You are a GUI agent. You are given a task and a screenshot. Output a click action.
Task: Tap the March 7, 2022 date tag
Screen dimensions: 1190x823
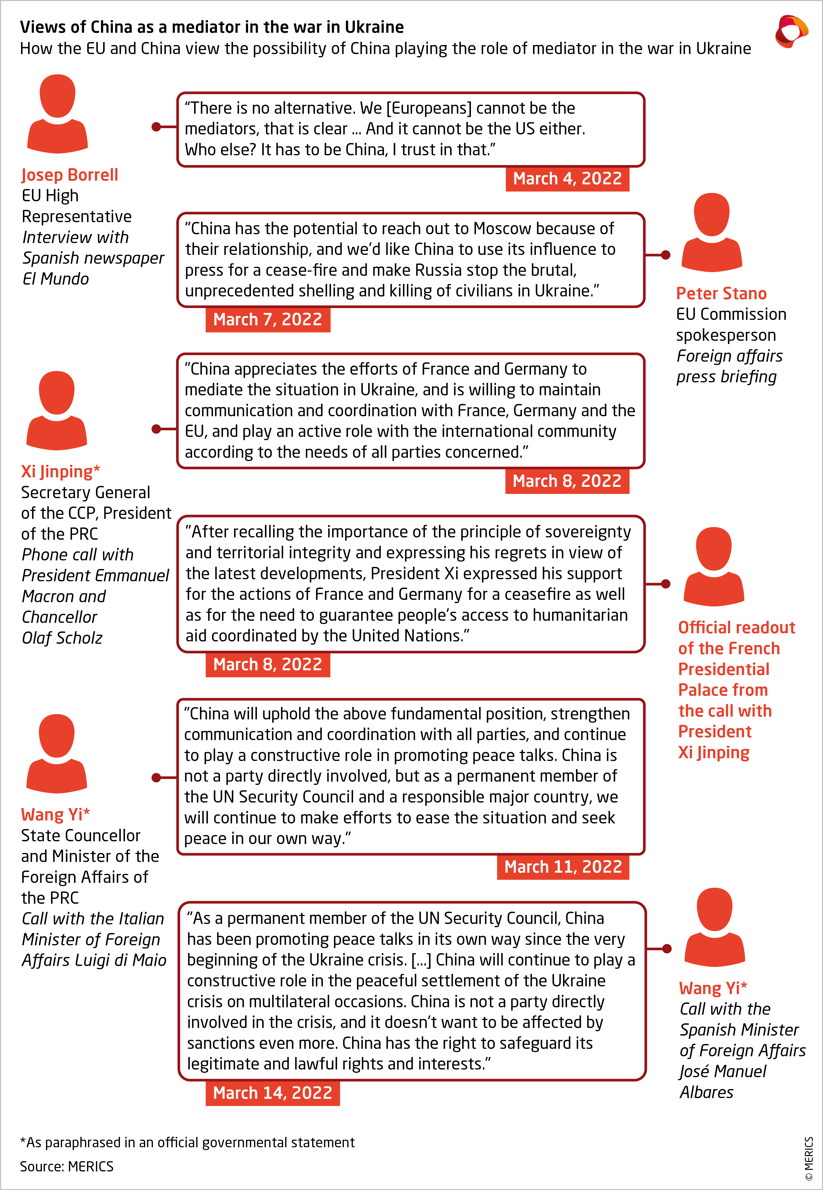(268, 319)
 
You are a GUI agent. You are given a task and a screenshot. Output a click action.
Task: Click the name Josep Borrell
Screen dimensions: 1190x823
(70, 175)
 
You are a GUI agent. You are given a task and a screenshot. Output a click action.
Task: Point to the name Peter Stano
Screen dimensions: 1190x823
(721, 293)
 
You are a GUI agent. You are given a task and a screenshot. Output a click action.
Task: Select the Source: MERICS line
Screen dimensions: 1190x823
(66, 1166)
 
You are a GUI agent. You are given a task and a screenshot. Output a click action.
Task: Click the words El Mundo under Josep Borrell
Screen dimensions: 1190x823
(56, 279)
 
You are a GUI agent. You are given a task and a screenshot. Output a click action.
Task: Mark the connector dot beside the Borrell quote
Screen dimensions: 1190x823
(156, 127)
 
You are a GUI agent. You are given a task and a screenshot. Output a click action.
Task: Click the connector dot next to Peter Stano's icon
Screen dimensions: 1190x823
(666, 255)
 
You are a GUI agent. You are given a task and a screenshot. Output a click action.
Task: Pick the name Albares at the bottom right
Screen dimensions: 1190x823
(706, 1092)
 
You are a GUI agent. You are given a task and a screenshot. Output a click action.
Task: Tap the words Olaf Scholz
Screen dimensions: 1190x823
(62, 638)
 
